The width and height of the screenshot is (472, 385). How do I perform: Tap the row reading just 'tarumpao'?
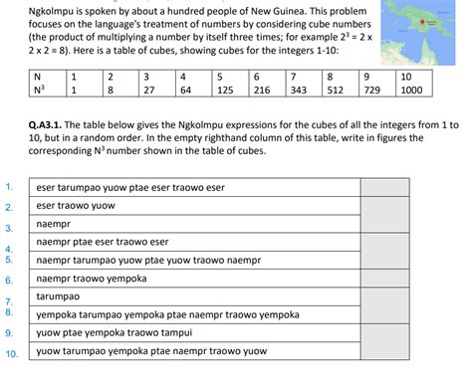59,296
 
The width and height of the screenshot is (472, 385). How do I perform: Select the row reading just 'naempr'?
54,224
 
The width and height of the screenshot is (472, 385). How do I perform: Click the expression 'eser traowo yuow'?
76,206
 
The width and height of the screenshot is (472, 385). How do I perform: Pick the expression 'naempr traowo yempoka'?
91,279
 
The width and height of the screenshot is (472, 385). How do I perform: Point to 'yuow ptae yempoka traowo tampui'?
109,332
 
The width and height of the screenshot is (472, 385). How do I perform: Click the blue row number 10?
11,353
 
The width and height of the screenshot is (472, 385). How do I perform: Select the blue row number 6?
8,280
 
